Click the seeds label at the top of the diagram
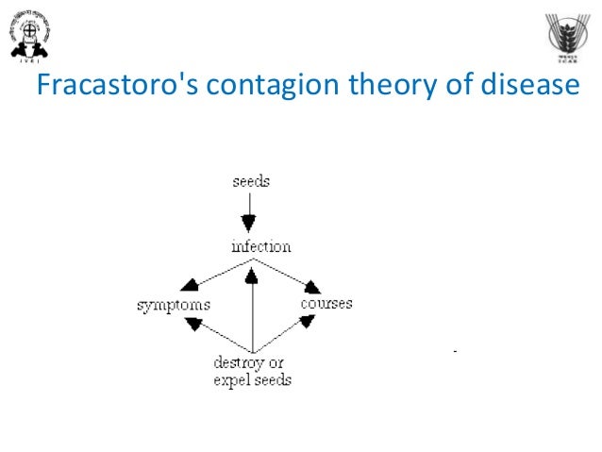point(251,180)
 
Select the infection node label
point(260,246)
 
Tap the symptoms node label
point(173,305)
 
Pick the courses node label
point(326,303)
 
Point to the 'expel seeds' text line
point(252,379)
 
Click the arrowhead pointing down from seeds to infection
point(248,225)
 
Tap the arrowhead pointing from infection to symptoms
point(190,286)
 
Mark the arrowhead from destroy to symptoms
point(193,324)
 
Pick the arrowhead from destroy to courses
point(307,322)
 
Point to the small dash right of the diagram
point(455,351)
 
